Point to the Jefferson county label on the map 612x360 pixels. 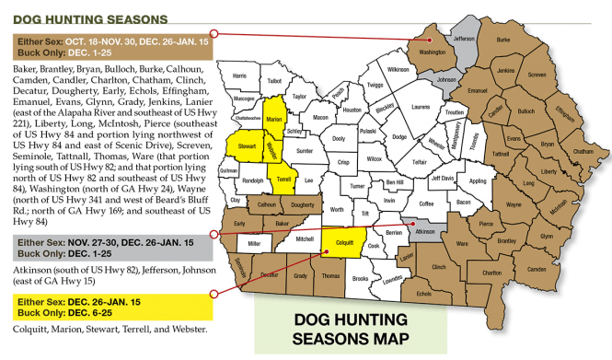pyautogui.click(x=464, y=39)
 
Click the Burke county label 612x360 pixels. pyautogui.click(x=502, y=41)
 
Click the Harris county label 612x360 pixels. pyautogui.click(x=240, y=75)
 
